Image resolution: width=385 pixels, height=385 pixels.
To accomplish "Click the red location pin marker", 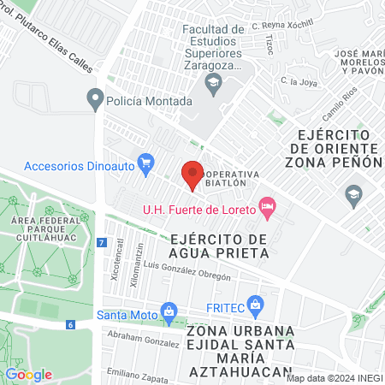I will (193, 173).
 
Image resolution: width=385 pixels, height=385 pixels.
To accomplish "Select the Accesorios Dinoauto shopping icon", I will (145, 162).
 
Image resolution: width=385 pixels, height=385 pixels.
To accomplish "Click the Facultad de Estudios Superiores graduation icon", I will (212, 82).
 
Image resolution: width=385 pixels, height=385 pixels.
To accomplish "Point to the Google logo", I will (28, 374).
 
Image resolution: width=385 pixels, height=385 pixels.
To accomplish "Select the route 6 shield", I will (70, 324).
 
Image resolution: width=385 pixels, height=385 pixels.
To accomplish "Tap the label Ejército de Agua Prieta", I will (219, 246).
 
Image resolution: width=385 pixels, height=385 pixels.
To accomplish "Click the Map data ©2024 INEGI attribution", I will (334, 377).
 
